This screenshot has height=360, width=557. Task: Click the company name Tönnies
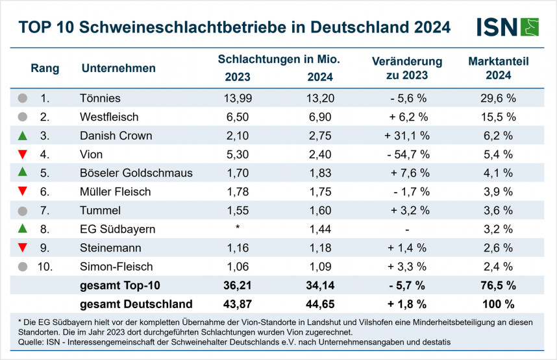click(x=101, y=99)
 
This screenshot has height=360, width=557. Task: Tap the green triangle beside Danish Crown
click(x=23, y=136)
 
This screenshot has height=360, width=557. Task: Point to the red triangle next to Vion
click(x=23, y=155)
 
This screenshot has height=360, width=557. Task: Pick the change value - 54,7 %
click(x=406, y=154)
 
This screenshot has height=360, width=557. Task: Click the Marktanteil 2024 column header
click(x=499, y=68)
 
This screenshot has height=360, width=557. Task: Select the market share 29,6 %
click(x=499, y=99)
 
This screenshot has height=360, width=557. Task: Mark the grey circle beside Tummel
click(x=23, y=211)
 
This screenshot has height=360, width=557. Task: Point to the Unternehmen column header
click(x=119, y=68)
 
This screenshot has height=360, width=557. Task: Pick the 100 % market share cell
click(x=499, y=304)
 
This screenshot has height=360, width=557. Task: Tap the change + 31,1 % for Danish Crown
click(x=406, y=136)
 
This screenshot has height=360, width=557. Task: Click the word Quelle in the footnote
click(x=27, y=341)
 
